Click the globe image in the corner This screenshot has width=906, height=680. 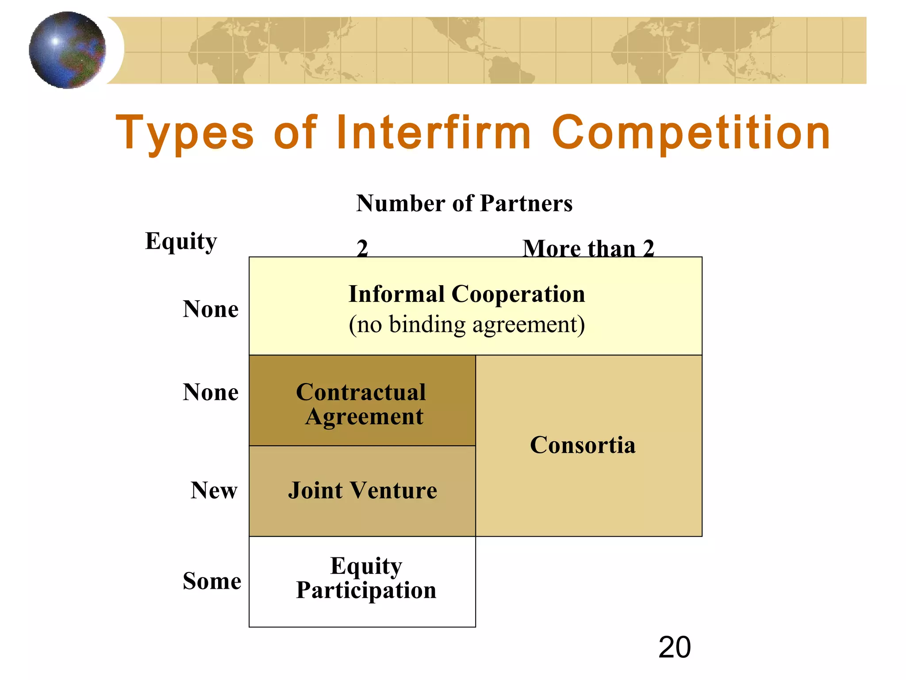(67, 50)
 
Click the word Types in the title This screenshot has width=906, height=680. (184, 133)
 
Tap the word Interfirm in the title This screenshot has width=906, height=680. (433, 133)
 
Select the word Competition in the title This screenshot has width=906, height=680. (691, 133)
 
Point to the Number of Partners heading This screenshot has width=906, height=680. (464, 204)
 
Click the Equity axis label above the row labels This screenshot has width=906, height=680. (181, 242)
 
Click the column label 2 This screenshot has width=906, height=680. (362, 248)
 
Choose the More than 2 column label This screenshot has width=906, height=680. (588, 248)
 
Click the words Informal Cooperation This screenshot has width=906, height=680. (467, 294)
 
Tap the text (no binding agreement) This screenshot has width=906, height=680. (467, 325)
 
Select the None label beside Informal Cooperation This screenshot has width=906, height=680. (211, 309)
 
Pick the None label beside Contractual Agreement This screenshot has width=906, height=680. (211, 392)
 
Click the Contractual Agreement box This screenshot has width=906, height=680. (362, 401)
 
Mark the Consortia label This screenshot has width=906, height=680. (583, 445)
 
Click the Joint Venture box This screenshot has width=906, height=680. (362, 491)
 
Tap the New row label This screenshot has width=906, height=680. (214, 491)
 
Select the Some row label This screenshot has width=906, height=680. (212, 581)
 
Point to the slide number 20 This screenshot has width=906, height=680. (674, 647)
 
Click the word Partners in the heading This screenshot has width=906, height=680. (526, 204)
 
